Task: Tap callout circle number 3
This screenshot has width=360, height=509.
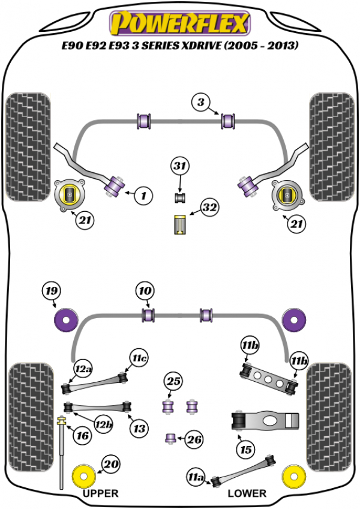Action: coord(202,103)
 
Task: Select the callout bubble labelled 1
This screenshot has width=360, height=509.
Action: coord(143,195)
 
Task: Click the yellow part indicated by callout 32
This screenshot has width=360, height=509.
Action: coord(179,225)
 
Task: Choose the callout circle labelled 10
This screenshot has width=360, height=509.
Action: coord(145,292)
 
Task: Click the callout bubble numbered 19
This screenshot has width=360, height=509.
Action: coord(52,292)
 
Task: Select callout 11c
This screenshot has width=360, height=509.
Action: coord(139,359)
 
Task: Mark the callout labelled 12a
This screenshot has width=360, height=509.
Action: coord(83,367)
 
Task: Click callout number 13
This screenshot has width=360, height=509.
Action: coord(139,429)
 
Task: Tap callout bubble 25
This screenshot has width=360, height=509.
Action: coord(173,382)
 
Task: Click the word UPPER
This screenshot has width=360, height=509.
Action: coord(100,493)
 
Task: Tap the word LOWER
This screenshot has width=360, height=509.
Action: coord(247,493)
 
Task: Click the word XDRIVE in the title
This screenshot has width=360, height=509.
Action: coord(193,46)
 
